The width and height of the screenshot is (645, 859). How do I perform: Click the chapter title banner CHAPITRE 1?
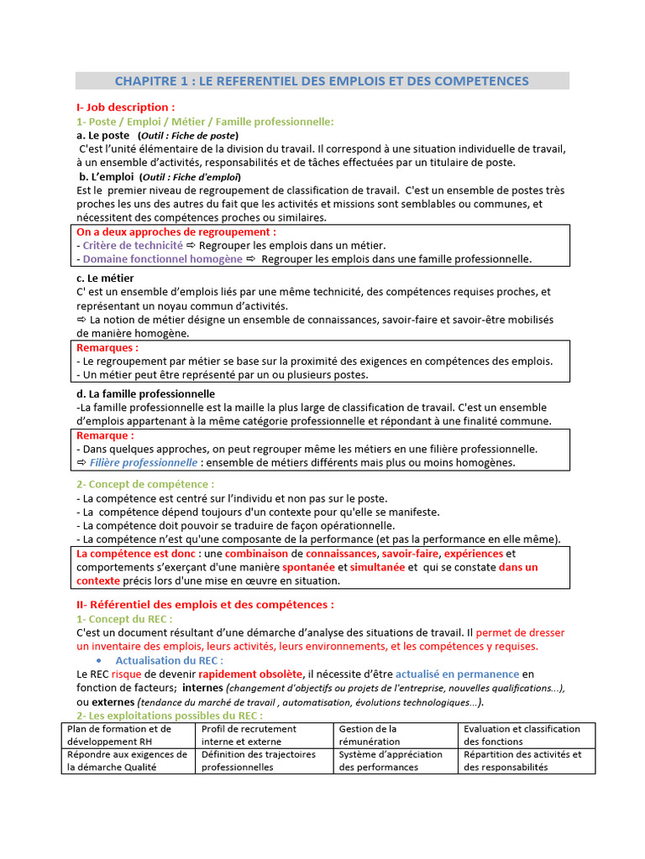point(322,81)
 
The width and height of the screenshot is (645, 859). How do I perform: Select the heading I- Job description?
point(125,107)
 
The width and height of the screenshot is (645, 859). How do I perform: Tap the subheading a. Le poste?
point(103,135)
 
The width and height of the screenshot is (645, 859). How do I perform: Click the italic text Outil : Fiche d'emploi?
point(191,177)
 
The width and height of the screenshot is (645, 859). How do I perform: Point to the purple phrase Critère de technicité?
point(132,245)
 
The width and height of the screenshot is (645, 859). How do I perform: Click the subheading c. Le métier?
point(105,278)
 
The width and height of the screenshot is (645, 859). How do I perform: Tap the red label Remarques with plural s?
point(107,347)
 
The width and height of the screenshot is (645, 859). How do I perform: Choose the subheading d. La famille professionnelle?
point(145,393)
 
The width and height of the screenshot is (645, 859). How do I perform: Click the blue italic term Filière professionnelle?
point(144,462)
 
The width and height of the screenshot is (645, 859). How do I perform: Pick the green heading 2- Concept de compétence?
point(145,484)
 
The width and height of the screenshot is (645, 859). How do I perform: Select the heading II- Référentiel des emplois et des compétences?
point(205,604)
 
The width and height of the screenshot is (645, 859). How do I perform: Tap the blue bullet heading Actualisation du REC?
point(169,660)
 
